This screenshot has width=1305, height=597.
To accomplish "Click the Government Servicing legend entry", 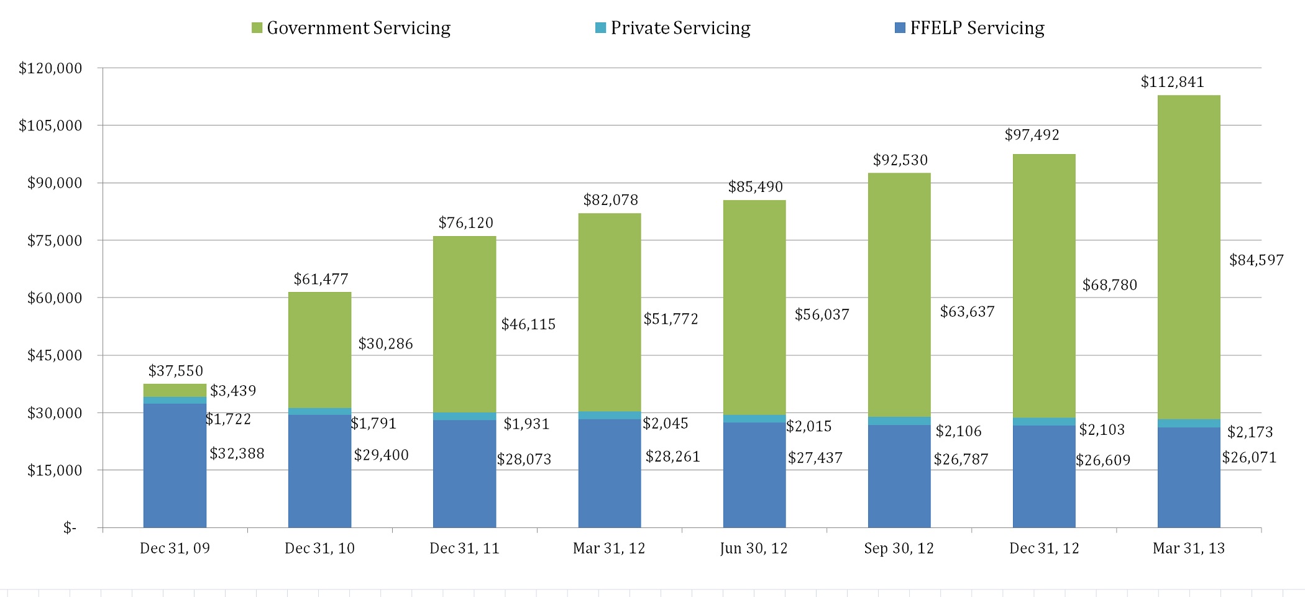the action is [x=351, y=28].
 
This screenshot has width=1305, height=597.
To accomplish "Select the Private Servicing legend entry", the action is [x=673, y=28].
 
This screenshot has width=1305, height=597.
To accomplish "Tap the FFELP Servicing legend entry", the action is [x=969, y=28].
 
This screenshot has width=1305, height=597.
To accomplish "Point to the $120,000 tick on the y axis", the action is [x=50, y=68].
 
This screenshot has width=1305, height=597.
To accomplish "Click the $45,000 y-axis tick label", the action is [x=55, y=355].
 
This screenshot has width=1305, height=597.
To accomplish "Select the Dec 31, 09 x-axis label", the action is [x=175, y=548].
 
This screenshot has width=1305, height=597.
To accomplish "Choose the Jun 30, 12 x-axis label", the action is [x=754, y=548].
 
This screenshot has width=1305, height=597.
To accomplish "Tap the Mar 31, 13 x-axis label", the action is [x=1189, y=548].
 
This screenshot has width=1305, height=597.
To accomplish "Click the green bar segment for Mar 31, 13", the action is [x=1189, y=257].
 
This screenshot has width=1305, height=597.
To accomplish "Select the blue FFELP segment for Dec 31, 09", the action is [x=175, y=466].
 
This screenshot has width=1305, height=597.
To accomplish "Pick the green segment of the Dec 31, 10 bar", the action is [x=319, y=350].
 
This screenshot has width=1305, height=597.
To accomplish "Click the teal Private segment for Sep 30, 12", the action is [x=899, y=421].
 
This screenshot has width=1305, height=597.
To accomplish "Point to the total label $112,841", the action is [x=1173, y=82].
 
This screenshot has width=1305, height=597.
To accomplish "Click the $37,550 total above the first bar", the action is [x=176, y=371].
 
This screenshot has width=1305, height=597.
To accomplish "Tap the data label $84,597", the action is [x=1257, y=260].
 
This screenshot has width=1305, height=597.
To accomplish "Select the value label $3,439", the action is [x=233, y=391].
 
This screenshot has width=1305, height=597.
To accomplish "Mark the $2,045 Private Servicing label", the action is [x=666, y=424].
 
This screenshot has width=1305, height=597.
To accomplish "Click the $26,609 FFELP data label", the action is [x=1103, y=460].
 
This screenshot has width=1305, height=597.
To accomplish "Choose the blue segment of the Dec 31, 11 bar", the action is [x=464, y=474].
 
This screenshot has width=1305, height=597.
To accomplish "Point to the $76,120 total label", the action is [x=466, y=222].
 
